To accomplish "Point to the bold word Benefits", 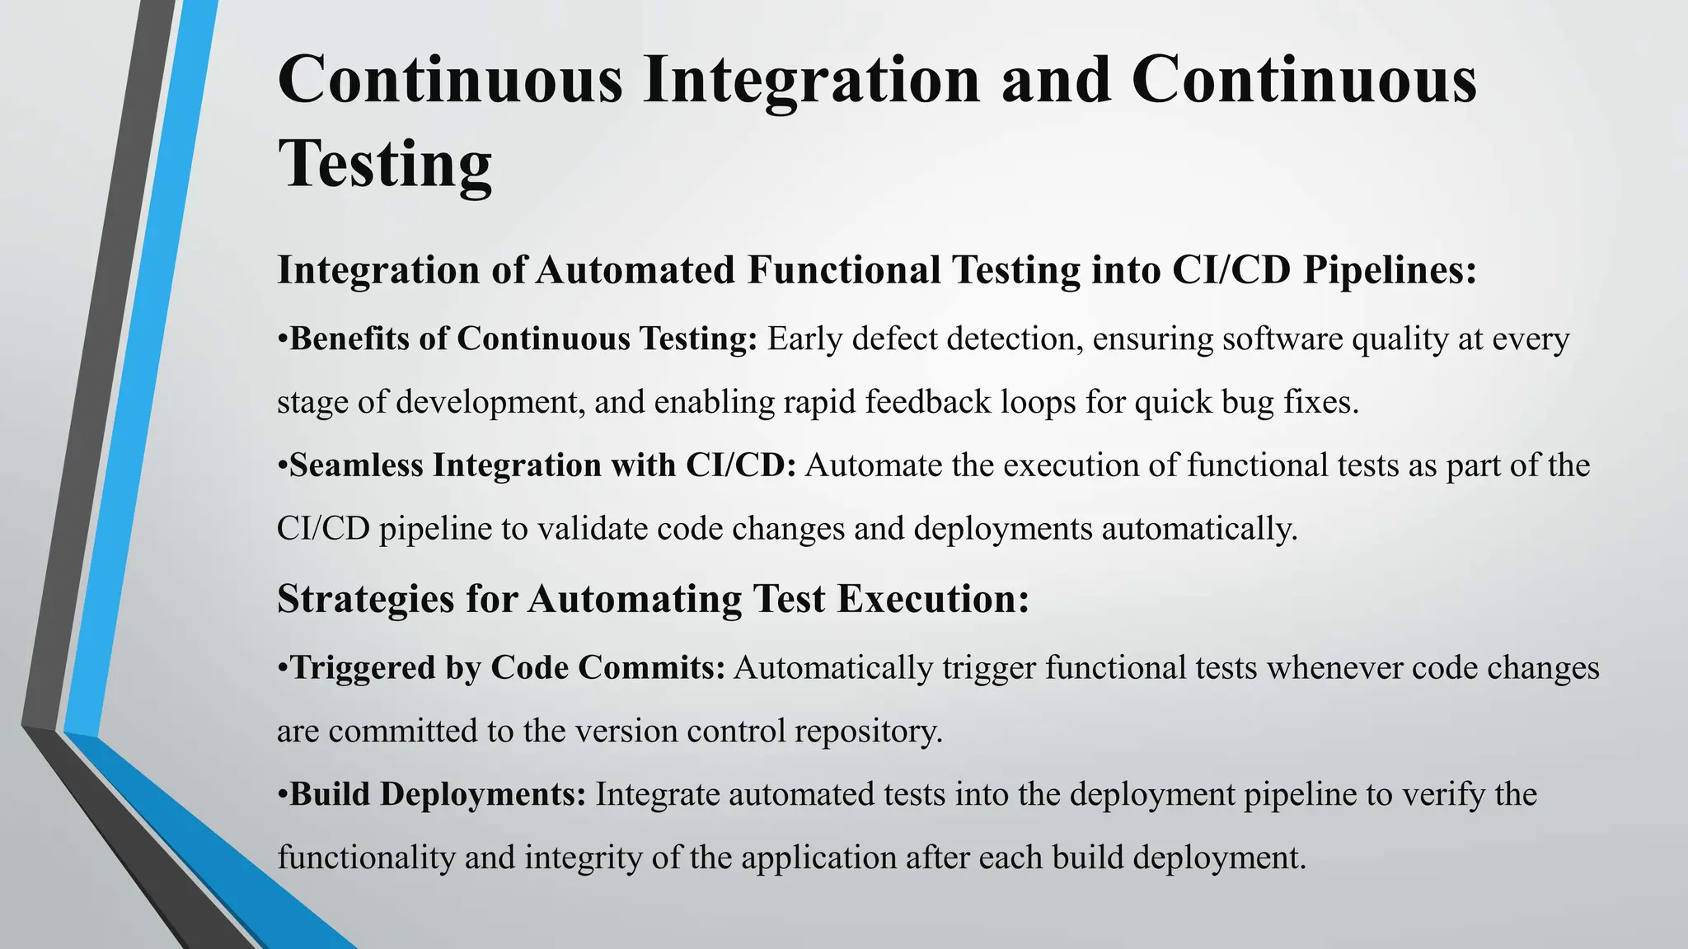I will (x=349, y=339).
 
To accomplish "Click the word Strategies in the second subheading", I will (x=365, y=599).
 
